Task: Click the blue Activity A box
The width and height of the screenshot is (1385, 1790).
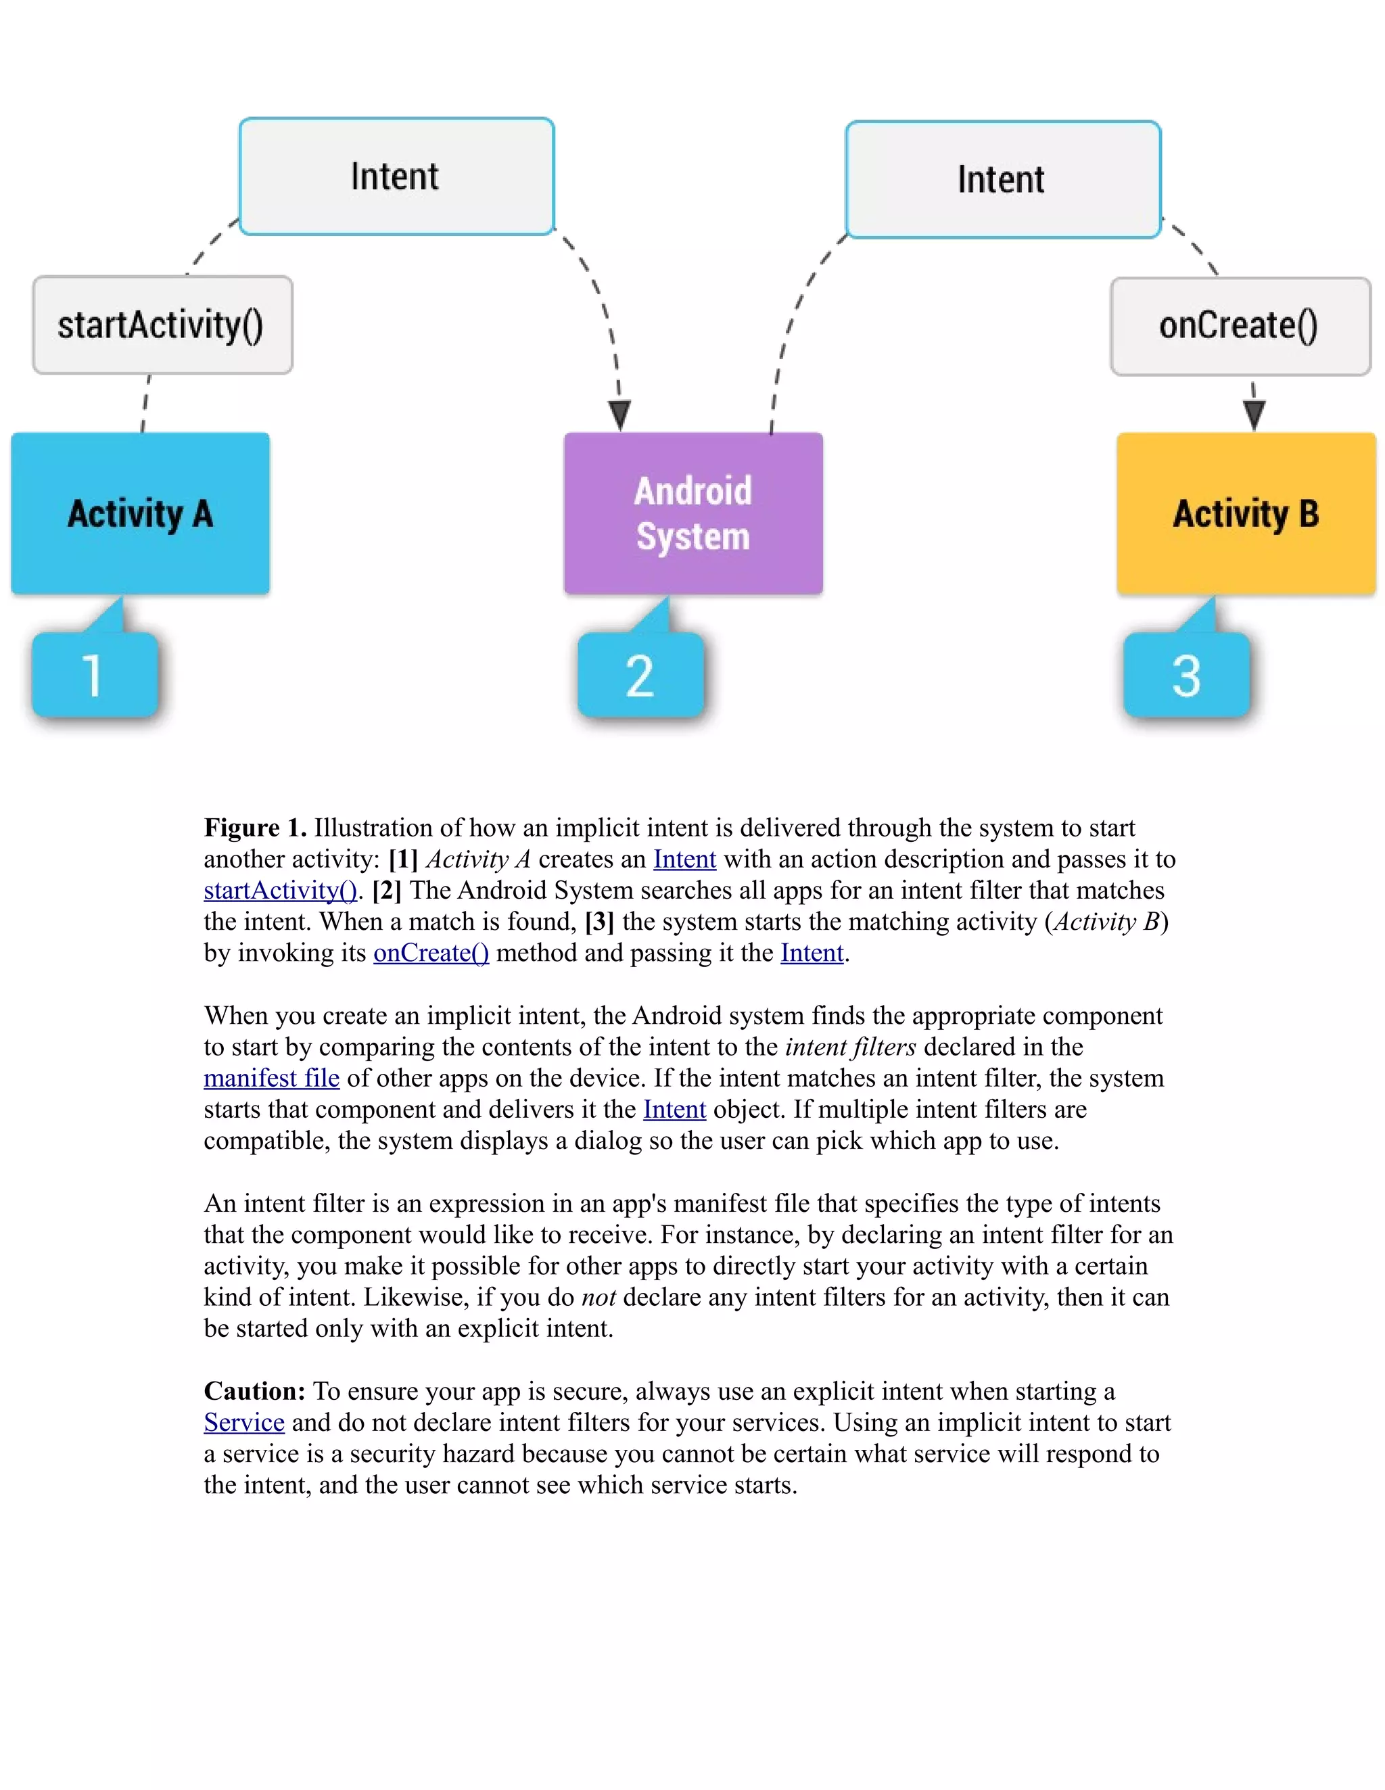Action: pyautogui.click(x=140, y=513)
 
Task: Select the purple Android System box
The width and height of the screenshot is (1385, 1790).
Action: pyautogui.click(x=693, y=513)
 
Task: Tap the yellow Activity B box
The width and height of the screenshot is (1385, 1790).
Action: pyautogui.click(x=1246, y=513)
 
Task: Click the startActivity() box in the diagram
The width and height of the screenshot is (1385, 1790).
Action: pyautogui.click(x=162, y=325)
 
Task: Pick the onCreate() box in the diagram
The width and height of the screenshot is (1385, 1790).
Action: pyautogui.click(x=1240, y=326)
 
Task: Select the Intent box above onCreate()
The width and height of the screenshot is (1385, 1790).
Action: pyautogui.click(x=1003, y=179)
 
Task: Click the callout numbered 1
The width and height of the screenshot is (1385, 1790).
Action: pyautogui.click(x=94, y=674)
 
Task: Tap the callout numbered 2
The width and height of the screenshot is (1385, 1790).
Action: pyautogui.click(x=640, y=674)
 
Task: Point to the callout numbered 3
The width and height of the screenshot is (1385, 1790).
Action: pyautogui.click(x=1187, y=674)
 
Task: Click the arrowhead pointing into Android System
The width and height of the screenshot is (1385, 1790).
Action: pyautogui.click(x=620, y=415)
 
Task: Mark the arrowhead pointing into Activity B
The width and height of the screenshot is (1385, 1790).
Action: pyautogui.click(x=1254, y=414)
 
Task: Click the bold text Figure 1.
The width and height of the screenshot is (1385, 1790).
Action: pyautogui.click(x=255, y=828)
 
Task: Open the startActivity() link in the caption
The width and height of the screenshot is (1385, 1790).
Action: pyautogui.click(x=280, y=890)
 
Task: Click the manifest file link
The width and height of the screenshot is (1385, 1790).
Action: pyautogui.click(x=271, y=1078)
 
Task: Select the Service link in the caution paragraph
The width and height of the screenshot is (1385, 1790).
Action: pyautogui.click(x=244, y=1422)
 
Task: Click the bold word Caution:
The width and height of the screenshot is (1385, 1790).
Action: pyautogui.click(x=254, y=1391)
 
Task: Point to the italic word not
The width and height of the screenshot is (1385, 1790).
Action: pyautogui.click(x=598, y=1298)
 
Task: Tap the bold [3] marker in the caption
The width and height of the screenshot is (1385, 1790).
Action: pyautogui.click(x=599, y=921)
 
